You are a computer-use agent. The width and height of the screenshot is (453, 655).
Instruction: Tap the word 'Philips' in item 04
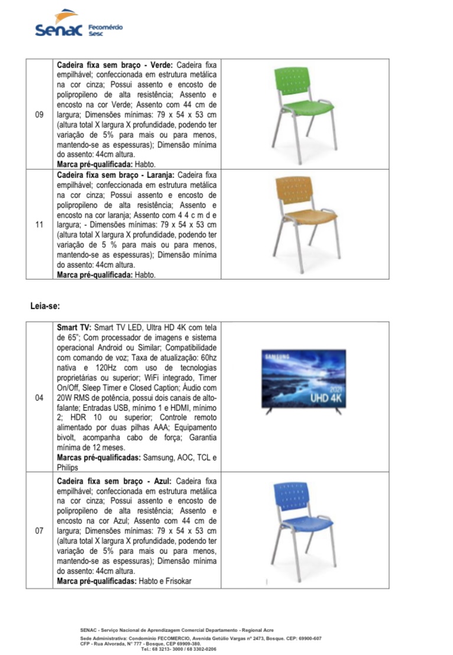tap(67, 468)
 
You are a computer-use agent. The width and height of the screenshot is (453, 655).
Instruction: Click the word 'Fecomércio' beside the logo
tap(105, 27)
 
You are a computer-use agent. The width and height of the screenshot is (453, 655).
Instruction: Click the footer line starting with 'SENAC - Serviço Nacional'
tap(176, 630)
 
